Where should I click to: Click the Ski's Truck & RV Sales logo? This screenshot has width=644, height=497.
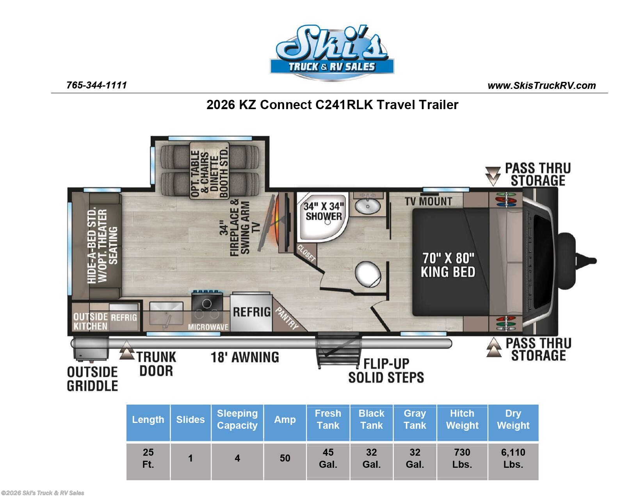[332, 53]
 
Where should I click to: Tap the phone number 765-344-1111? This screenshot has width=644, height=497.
[97, 85]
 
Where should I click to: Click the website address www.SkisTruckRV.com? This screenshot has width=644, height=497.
[541, 85]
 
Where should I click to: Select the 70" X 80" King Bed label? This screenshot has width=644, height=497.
[448, 265]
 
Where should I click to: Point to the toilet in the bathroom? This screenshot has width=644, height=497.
[368, 274]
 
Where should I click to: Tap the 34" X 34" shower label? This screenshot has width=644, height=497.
[323, 211]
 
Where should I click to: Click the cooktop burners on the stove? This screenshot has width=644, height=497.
[207, 308]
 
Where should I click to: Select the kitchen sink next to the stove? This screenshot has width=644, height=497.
[166, 314]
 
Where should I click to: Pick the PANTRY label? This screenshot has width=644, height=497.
[286, 318]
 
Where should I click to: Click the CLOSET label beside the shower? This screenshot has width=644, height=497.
[306, 253]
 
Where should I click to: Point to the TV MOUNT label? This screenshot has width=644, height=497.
[428, 202]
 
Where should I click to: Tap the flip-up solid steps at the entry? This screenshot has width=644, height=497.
[338, 350]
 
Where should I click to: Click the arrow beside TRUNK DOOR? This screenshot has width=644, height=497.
[127, 350]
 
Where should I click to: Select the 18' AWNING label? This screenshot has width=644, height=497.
[245, 357]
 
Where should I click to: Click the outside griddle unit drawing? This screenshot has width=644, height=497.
[91, 349]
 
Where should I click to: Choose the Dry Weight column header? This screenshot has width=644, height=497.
[513, 419]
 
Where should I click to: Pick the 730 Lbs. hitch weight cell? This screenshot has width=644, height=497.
[462, 458]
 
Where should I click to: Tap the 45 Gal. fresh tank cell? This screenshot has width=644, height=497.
[328, 458]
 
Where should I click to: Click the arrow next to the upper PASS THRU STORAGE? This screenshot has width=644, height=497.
[493, 176]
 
